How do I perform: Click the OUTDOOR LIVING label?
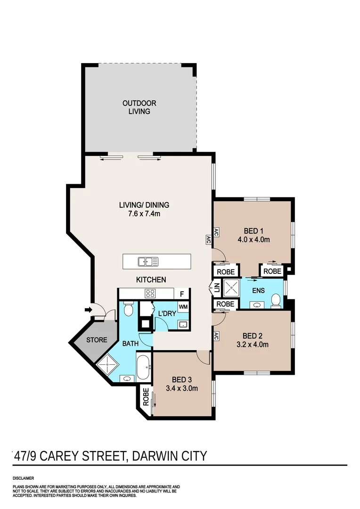click(x=139, y=107)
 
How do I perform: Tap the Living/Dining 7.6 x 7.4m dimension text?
click(x=144, y=214)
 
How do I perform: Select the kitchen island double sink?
click(x=148, y=261)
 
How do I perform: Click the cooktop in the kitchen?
click(x=150, y=294)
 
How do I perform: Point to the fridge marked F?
click(x=182, y=294)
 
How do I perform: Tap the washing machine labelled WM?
click(x=183, y=307)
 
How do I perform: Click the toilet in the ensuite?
click(x=276, y=300)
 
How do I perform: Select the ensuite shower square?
click(x=231, y=287)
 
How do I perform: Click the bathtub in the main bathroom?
click(x=143, y=368)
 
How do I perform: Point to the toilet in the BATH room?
click(x=129, y=309)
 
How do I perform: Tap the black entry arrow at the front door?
click(x=88, y=310)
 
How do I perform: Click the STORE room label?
click(x=97, y=340)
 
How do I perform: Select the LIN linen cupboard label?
click(x=217, y=287)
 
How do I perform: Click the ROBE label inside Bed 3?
click(x=146, y=397)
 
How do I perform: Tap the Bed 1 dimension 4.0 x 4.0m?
click(x=254, y=239)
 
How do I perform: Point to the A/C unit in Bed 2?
click(x=216, y=337)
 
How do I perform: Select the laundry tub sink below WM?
click(x=183, y=324)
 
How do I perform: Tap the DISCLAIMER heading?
click(x=23, y=478)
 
